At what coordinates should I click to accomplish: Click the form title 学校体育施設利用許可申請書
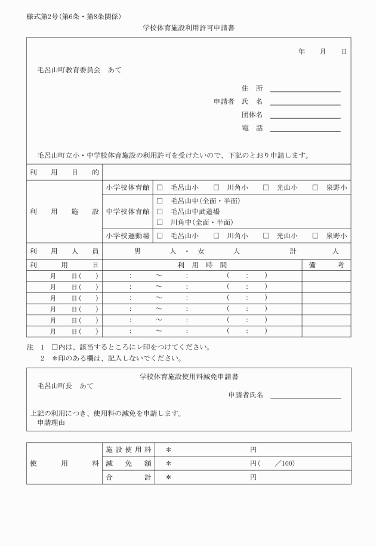[189, 28]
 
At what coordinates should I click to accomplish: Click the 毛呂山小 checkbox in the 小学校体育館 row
[160, 187]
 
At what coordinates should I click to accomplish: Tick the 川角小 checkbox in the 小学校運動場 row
[217, 236]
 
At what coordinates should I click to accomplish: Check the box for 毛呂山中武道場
[160, 211]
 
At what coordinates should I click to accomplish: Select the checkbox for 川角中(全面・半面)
[160, 222]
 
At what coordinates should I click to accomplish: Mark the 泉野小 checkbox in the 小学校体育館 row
[315, 187]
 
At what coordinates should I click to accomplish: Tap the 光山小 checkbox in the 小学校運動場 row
[266, 236]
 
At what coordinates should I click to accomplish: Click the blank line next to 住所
[305, 90]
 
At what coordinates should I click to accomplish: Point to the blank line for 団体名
[305, 117]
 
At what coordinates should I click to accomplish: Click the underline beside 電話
[305, 130]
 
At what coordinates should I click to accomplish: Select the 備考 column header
[326, 264]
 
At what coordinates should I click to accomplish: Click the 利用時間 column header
[202, 264]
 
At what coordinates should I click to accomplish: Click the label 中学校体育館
[128, 211]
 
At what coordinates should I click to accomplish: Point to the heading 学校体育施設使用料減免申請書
[189, 377]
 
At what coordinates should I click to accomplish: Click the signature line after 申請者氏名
[306, 397]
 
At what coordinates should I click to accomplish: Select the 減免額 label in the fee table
[128, 463]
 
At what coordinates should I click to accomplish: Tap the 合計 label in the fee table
[128, 477]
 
